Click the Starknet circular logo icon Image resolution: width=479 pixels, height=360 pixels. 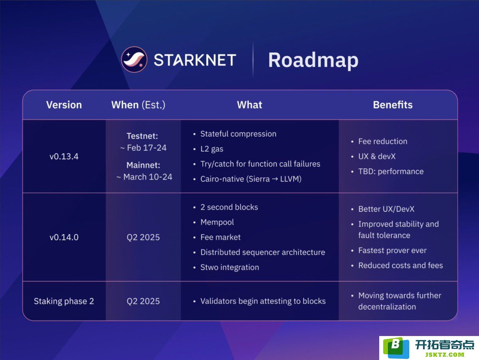point(134,60)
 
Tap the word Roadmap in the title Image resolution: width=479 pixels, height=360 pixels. point(313,60)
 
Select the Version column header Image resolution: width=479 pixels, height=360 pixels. point(64,105)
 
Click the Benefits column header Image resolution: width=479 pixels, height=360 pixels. point(393,105)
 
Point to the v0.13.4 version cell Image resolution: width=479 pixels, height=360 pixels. point(64,156)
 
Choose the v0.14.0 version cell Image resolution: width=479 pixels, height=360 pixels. point(64,237)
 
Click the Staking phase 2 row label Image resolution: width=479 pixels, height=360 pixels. point(64,301)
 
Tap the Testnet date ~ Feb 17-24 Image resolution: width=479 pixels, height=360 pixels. point(143,148)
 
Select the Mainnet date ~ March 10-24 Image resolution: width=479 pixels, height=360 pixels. point(144,177)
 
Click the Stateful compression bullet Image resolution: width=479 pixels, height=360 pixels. point(238,134)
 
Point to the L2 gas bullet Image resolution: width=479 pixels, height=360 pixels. point(212,149)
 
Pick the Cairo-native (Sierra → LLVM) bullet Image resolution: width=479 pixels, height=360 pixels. point(251,179)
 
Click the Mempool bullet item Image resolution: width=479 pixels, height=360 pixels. point(217,223)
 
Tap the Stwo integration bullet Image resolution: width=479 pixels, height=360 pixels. point(230,267)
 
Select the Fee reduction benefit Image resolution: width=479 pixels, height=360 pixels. point(383,141)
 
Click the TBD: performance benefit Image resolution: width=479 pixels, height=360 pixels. point(391,171)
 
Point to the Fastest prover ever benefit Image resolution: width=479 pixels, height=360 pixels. point(392,251)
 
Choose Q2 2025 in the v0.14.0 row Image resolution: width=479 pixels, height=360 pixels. point(143,237)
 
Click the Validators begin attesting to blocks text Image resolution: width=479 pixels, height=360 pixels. point(263,301)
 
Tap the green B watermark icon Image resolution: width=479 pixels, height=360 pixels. point(396,348)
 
